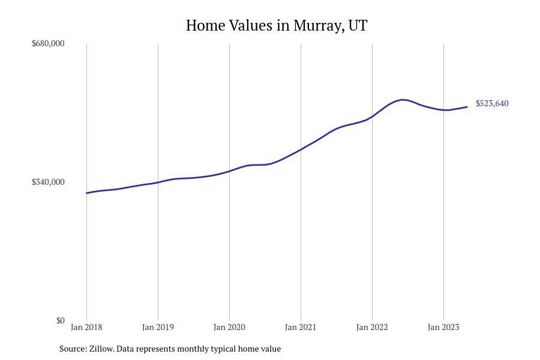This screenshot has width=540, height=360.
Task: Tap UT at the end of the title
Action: (x=358, y=26)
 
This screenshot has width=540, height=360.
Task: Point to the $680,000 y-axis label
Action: (x=48, y=43)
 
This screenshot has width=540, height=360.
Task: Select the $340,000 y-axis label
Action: (x=48, y=182)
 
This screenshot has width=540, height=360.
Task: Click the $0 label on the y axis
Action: (x=60, y=320)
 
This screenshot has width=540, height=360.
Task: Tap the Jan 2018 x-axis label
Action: (x=86, y=327)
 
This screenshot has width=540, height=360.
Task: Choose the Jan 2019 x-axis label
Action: (x=158, y=327)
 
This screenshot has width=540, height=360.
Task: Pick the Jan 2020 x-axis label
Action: (x=229, y=327)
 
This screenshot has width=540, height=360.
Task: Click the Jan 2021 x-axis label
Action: (x=301, y=327)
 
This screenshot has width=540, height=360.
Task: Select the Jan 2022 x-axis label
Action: (x=372, y=327)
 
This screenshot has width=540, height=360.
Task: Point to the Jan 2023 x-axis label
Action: (x=443, y=327)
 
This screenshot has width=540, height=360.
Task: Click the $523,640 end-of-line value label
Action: (x=492, y=103)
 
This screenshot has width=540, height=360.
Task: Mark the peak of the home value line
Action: (x=403, y=100)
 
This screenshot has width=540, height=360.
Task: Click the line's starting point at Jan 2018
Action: (x=86, y=193)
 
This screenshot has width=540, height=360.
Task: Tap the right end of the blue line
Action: (x=467, y=107)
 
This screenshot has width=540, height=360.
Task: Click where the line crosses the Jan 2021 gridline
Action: (x=301, y=149)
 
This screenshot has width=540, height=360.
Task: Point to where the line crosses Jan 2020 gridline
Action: (x=229, y=171)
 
